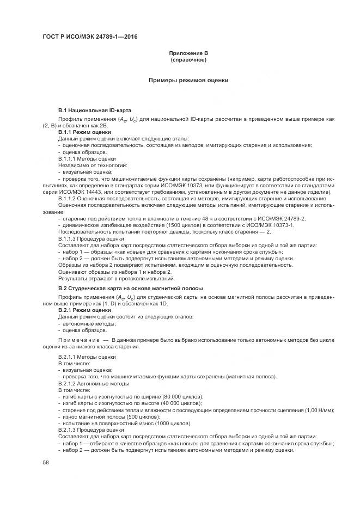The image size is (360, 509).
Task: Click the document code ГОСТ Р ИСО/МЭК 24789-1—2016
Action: coord(89,36)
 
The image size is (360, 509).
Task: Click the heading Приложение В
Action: coord(188,53)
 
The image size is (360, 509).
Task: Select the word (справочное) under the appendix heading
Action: coord(188,59)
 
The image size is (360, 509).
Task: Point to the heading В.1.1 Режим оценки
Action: coord(84,132)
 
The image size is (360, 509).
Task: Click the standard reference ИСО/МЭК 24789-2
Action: coord(283,218)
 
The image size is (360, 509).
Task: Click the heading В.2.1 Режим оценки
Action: coord(84,310)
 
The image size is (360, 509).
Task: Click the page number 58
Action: coord(46,462)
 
